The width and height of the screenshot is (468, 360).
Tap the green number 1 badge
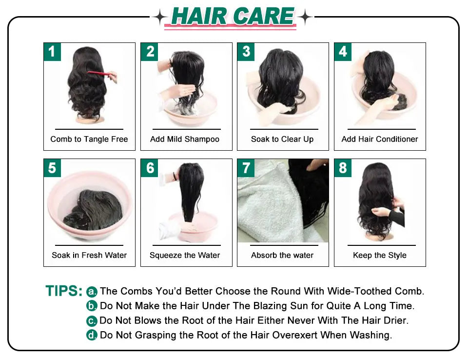click(x=52, y=52)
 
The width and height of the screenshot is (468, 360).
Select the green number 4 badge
click(x=343, y=52)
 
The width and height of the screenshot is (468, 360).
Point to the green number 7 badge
click(x=246, y=168)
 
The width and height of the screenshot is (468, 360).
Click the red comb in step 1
click(x=99, y=74)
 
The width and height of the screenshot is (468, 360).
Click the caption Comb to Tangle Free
click(x=89, y=139)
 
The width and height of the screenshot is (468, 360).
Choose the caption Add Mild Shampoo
click(x=185, y=139)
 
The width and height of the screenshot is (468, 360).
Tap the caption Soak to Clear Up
click(x=282, y=139)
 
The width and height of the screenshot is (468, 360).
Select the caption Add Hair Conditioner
click(x=380, y=139)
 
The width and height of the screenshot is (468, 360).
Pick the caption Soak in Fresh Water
click(x=89, y=255)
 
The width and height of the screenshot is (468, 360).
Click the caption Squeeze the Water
click(x=185, y=255)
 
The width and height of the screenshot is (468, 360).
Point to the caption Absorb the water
click(x=282, y=255)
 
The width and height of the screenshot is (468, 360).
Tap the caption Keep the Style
click(x=380, y=255)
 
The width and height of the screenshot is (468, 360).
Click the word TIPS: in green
click(x=64, y=291)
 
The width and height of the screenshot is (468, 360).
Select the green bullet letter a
click(x=92, y=292)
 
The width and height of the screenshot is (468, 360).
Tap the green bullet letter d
click(x=92, y=335)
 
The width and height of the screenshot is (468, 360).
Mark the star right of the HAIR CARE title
click(x=305, y=18)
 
